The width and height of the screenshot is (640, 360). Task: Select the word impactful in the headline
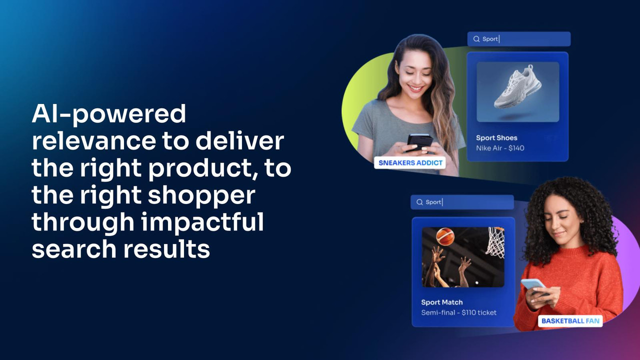click(x=202, y=222)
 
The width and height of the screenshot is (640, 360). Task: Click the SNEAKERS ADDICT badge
click(x=409, y=162)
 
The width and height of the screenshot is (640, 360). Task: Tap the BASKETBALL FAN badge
click(x=570, y=320)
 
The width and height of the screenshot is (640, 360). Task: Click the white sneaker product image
click(x=518, y=89)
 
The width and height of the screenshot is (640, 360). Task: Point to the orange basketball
click(x=445, y=236)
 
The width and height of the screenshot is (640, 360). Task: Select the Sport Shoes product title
click(x=496, y=138)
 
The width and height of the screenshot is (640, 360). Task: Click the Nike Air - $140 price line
click(x=500, y=148)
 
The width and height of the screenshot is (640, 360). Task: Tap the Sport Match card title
click(x=442, y=302)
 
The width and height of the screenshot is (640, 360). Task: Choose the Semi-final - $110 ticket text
click(x=459, y=312)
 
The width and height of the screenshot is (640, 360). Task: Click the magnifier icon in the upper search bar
click(x=476, y=39)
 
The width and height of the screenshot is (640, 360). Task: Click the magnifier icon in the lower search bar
click(x=419, y=202)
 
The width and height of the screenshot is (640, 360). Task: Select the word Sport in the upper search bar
click(x=490, y=39)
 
